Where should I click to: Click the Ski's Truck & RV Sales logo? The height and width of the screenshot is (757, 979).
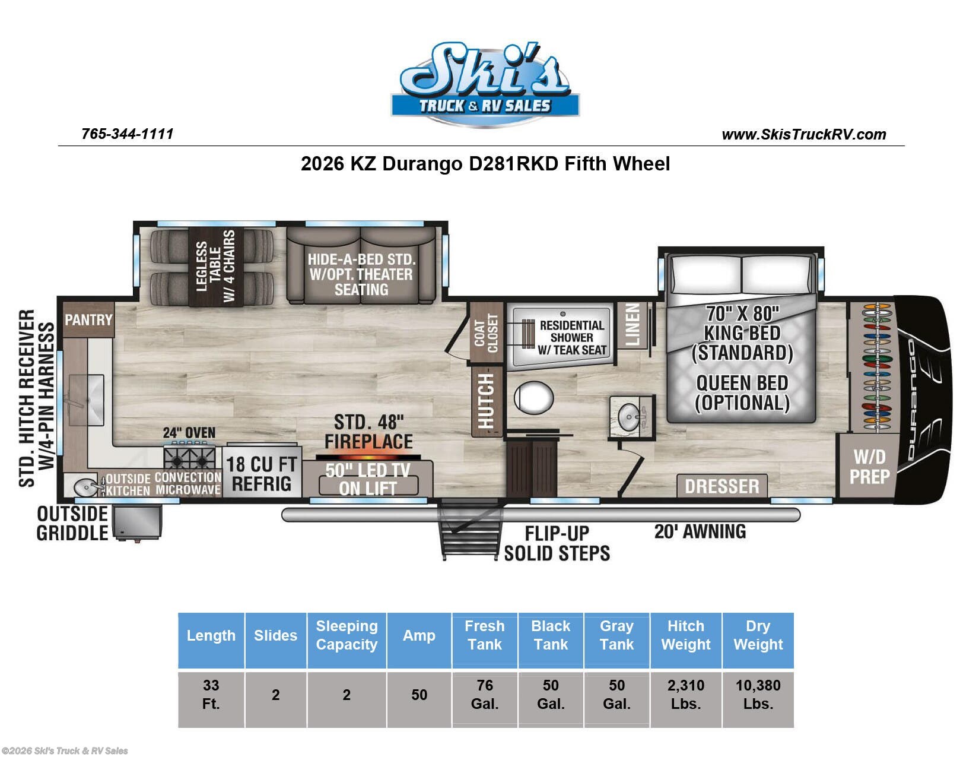[485, 83]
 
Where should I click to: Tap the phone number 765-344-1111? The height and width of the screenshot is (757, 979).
[127, 134]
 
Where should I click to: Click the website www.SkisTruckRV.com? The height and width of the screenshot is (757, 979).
[803, 134]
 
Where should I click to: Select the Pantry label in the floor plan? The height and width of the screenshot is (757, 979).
[88, 320]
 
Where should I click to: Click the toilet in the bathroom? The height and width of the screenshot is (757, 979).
[533, 397]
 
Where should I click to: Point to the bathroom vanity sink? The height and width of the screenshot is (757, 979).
[630, 416]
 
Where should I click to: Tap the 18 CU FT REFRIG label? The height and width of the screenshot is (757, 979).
[262, 474]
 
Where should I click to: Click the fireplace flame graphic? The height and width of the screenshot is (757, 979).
[368, 457]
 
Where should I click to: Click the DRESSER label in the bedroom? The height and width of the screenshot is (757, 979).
[721, 486]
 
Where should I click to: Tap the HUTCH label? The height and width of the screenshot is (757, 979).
[487, 401]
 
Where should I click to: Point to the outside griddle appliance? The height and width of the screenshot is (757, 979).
[137, 522]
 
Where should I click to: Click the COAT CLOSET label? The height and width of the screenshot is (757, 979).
[487, 333]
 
